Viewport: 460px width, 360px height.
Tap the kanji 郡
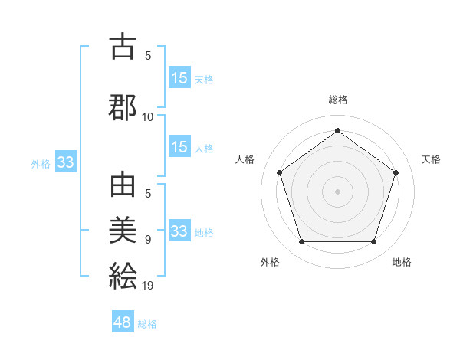(x=123, y=106)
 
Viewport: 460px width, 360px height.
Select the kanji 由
(x=123, y=187)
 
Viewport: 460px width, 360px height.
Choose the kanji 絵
(x=123, y=275)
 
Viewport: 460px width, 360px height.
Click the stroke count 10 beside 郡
(x=148, y=117)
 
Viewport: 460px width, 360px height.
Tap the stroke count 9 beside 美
(x=148, y=240)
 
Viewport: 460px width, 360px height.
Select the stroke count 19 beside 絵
(x=148, y=286)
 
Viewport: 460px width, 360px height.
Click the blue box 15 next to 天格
(x=179, y=77)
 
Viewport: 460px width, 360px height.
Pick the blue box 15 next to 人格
(x=179, y=147)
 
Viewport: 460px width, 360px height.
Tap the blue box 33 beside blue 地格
(x=179, y=231)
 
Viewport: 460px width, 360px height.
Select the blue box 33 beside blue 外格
(x=65, y=162)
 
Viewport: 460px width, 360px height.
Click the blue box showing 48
(x=123, y=322)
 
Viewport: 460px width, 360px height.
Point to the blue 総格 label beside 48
(x=147, y=324)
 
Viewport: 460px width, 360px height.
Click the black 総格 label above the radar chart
(x=338, y=100)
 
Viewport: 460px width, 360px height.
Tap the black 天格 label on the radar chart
(x=431, y=159)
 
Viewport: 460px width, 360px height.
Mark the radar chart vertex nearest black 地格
(x=373, y=242)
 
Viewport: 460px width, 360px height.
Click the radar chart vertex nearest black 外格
(x=301, y=242)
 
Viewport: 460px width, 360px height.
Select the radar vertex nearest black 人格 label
(x=279, y=172)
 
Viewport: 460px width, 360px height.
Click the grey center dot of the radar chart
(x=337, y=191)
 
